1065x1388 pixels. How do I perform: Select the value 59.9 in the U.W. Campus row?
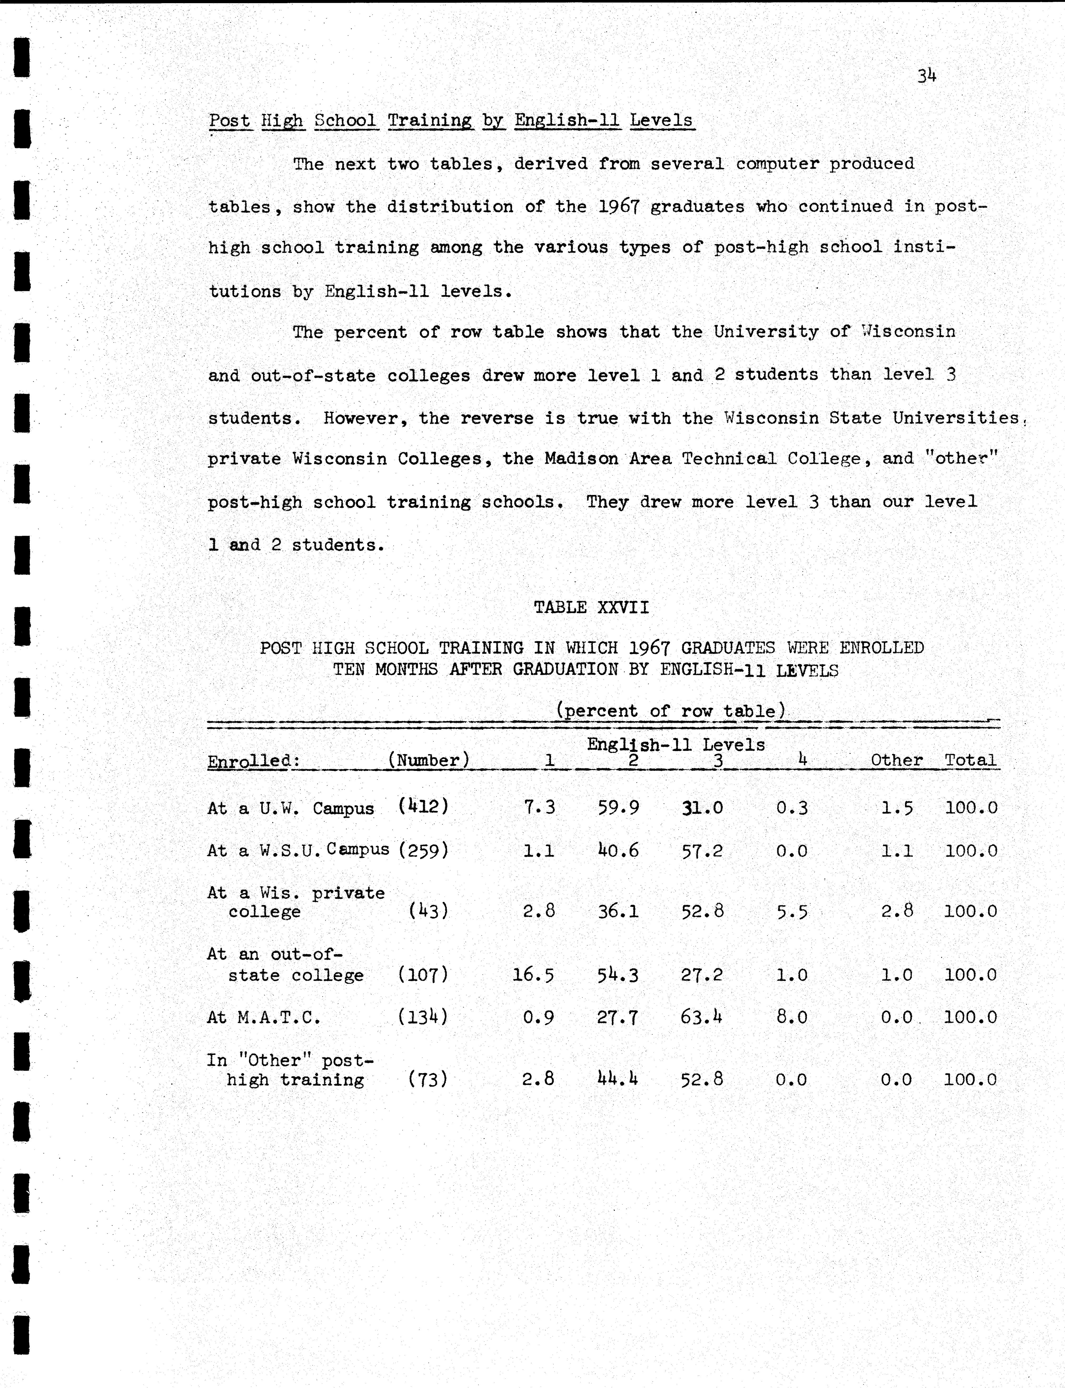(x=618, y=807)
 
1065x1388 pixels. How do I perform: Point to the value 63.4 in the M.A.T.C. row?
(x=701, y=1017)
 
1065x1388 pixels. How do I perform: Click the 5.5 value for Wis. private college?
(x=792, y=911)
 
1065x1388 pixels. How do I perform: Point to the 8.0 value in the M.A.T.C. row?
(x=792, y=1017)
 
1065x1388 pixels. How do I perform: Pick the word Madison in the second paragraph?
(x=581, y=459)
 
